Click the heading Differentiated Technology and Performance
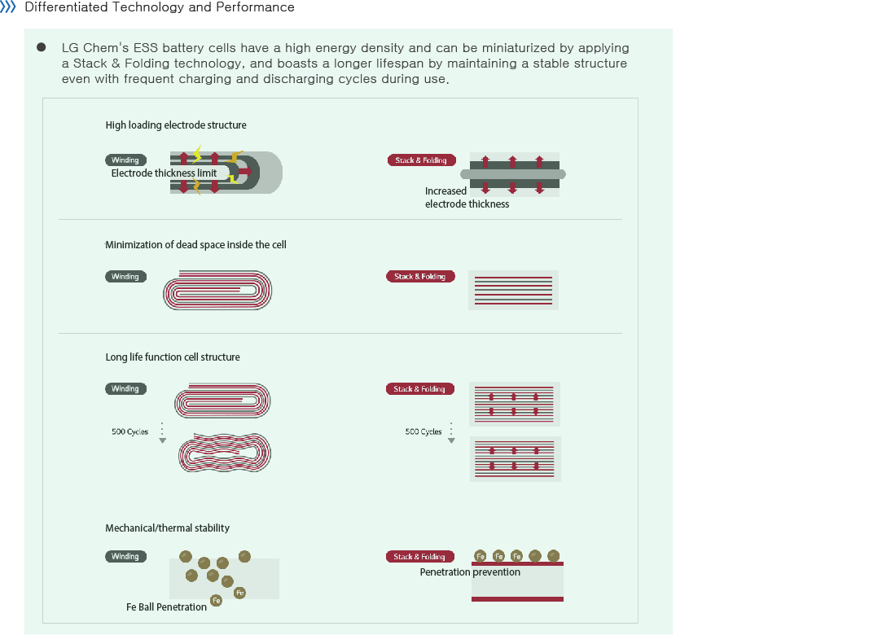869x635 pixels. (160, 7)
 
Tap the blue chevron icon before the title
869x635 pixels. (8, 7)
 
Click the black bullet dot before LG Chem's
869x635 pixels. (41, 47)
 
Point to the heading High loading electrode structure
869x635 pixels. (176, 125)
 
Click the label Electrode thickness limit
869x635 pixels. (164, 173)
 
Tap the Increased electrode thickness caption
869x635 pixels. (467, 198)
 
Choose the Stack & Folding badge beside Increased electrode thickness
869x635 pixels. (421, 160)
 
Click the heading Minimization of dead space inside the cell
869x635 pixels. (195, 245)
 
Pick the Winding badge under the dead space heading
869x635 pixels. (125, 277)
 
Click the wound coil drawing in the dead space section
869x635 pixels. (217, 291)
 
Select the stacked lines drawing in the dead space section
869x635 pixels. (513, 290)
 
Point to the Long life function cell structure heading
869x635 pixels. (173, 357)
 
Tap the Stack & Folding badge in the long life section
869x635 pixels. (419, 389)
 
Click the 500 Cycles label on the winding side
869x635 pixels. (130, 431)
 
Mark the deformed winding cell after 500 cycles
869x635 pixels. (224, 453)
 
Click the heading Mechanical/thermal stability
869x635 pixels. (167, 528)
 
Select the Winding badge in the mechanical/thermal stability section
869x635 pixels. (125, 557)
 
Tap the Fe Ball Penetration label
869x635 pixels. (166, 607)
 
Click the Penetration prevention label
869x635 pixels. (470, 572)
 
